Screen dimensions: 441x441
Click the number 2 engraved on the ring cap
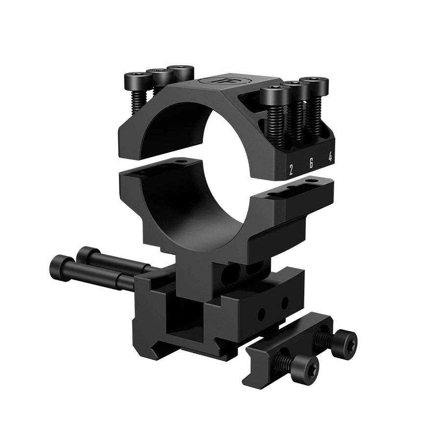click(x=291, y=170)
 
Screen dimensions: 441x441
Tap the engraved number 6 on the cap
click(x=311, y=164)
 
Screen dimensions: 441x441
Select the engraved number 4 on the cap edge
click(x=331, y=158)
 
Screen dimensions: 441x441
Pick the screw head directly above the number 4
click(x=314, y=81)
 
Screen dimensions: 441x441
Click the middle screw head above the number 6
click(x=295, y=86)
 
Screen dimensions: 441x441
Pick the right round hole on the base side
click(x=285, y=304)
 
